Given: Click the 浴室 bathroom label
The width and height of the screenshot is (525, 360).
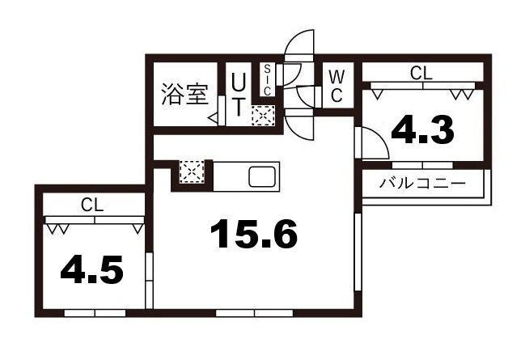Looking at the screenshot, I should click(x=184, y=94).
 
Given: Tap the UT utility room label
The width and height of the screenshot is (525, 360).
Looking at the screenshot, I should click(x=239, y=94).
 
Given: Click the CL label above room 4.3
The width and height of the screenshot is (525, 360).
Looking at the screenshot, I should click(x=421, y=72).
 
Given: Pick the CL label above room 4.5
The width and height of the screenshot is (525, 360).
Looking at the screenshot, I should click(x=91, y=205).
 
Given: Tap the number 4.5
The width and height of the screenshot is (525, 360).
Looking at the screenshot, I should click(x=92, y=271).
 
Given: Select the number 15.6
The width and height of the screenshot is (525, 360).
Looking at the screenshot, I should click(x=253, y=235).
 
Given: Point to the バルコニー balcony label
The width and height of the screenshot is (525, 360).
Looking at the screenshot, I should click(x=423, y=183).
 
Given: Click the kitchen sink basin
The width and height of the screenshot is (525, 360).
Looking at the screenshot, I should click(x=263, y=176).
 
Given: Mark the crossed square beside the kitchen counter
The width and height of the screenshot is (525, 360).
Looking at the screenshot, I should click(x=192, y=172).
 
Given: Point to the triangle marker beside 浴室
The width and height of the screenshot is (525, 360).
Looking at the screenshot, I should click(x=213, y=119).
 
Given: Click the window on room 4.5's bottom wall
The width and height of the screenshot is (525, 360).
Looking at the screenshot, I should click(x=91, y=312).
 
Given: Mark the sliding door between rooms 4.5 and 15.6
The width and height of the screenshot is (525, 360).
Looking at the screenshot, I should click(x=149, y=280).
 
